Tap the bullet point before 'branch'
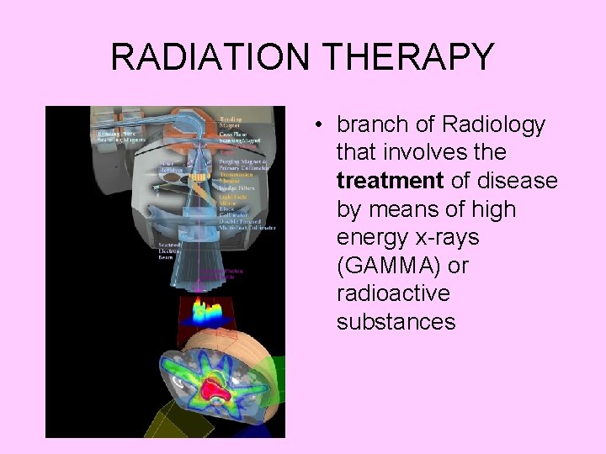click(x=321, y=125)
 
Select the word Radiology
click(x=493, y=125)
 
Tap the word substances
click(x=396, y=322)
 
